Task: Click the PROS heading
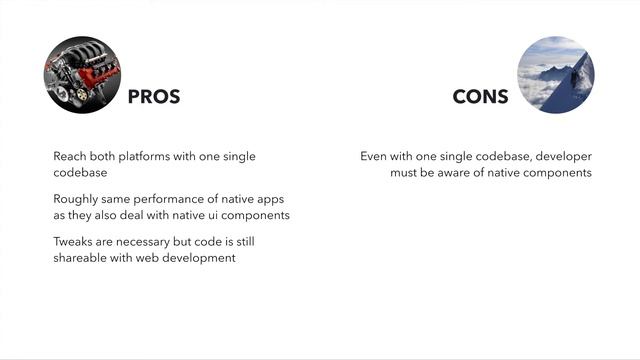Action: pyautogui.click(x=154, y=97)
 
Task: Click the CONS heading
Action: pyautogui.click(x=480, y=97)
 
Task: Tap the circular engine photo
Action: pyautogui.click(x=82, y=75)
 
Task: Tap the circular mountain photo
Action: pyautogui.click(x=555, y=75)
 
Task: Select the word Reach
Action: pyautogui.click(x=70, y=157)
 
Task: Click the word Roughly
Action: pyautogui.click(x=76, y=200)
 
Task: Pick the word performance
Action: pyautogui.click(x=170, y=200)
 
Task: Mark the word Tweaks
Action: pyautogui.click(x=74, y=243)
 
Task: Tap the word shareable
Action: pyautogui.click(x=81, y=258)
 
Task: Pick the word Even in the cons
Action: pyautogui.click(x=374, y=157)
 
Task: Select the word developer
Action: pyautogui.click(x=560, y=157)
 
